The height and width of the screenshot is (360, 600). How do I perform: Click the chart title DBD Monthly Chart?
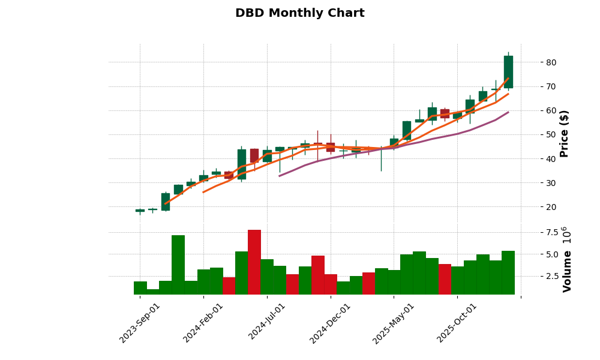pos(299,13)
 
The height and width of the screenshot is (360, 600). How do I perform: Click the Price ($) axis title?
pos(564,133)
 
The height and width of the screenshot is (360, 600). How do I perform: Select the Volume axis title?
pos(567,259)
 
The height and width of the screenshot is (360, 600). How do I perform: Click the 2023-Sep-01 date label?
pos(140,323)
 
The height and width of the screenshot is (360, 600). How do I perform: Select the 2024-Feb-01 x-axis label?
pos(204,323)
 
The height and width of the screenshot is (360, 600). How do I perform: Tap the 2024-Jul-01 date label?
pos(268,323)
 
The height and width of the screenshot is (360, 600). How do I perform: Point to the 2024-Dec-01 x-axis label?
pos(331,323)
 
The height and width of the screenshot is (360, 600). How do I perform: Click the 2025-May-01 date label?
pos(394,323)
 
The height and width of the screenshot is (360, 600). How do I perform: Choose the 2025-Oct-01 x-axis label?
pos(458,323)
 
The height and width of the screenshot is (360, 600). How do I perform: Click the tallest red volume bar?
pos(254,262)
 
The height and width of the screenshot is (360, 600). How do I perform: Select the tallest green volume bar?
pos(178,265)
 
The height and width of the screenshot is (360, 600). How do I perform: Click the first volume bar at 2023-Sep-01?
pos(140,288)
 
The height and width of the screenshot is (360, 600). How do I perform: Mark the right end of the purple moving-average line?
pos(508,112)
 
